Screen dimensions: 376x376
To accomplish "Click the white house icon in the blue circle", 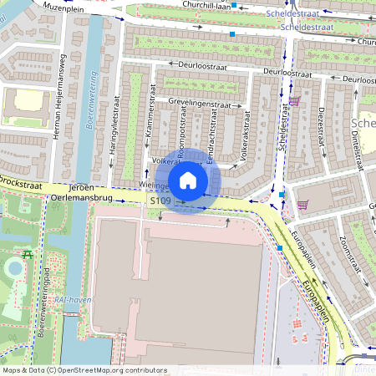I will click(188, 180).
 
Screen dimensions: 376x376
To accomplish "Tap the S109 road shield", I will click(160, 201).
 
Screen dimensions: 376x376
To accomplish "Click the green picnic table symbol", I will click(28, 254).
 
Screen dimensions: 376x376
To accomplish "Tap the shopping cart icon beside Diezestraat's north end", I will click(294, 101).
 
